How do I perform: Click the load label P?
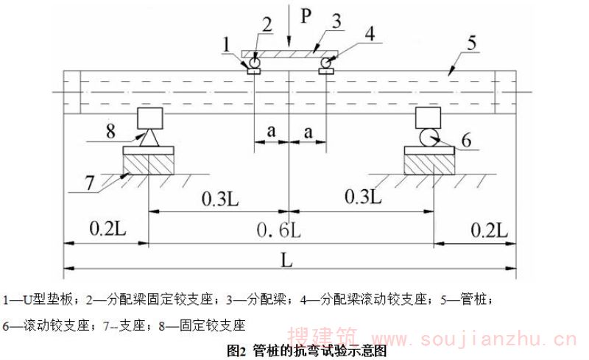click(x=303, y=14)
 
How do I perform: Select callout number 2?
click(x=267, y=24)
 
